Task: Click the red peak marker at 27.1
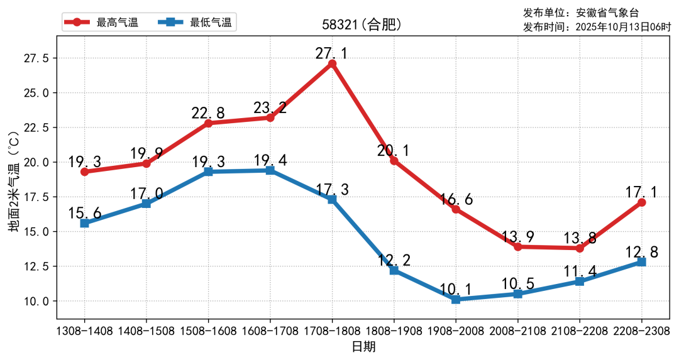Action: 332,64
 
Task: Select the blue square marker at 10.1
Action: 456,300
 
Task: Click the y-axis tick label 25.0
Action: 36,93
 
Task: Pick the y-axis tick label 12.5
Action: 36,266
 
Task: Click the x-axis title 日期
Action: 363,347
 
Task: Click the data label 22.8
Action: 208,113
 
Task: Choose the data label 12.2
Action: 394,260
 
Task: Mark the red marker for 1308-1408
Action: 84,172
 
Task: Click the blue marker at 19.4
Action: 270,170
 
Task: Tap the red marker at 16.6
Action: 456,209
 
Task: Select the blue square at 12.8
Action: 641,261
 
